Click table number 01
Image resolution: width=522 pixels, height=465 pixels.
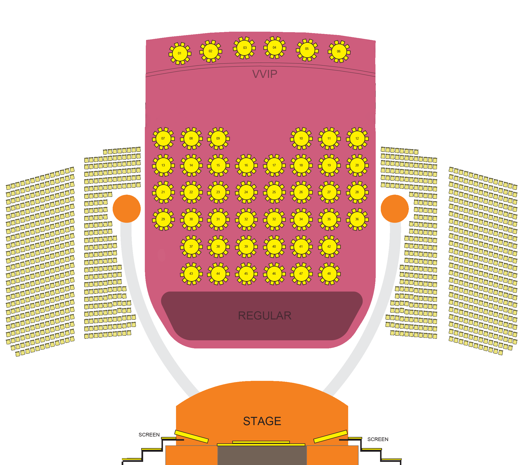(180, 53)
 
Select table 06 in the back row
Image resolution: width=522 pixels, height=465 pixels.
(339, 51)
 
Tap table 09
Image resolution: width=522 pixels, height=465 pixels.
(218, 139)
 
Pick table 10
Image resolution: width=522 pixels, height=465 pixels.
(301, 139)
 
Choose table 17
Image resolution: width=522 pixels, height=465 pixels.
(274, 165)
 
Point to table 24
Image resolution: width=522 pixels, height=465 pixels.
(246, 192)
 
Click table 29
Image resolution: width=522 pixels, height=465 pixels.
(163, 219)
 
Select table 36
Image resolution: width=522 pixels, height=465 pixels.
(357, 219)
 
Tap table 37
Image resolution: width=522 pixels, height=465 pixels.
(191, 247)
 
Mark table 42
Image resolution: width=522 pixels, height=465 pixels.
(329, 247)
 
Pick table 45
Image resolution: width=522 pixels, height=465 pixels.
(246, 274)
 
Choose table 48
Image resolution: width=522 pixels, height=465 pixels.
(329, 274)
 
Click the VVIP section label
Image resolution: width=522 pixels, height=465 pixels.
(265, 74)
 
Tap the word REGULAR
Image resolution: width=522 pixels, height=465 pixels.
(265, 316)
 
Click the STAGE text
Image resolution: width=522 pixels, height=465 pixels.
(262, 421)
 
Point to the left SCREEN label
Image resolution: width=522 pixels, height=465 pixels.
(149, 435)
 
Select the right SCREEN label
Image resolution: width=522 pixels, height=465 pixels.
(378, 439)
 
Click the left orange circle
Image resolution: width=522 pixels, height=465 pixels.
(126, 209)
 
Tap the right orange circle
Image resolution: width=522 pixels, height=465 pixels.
(395, 209)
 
